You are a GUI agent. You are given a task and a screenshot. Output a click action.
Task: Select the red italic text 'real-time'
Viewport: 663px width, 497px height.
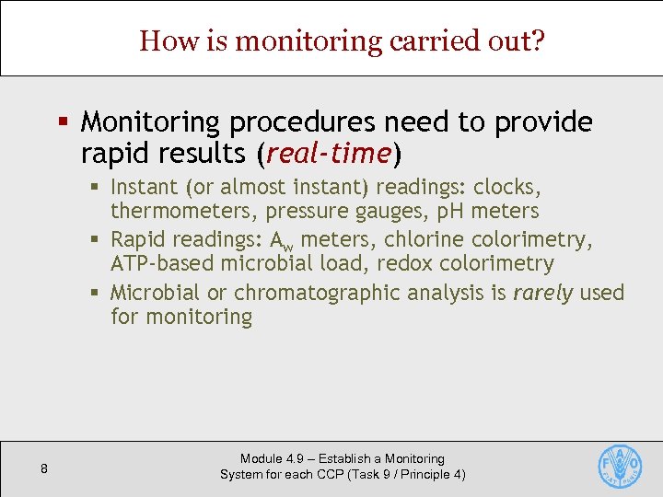[330, 151]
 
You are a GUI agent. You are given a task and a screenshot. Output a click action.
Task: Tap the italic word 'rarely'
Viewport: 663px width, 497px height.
[542, 294]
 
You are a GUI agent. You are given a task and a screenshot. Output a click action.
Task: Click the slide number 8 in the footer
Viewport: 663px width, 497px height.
[44, 469]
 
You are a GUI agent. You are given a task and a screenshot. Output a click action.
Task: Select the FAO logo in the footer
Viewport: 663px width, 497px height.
[620, 467]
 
